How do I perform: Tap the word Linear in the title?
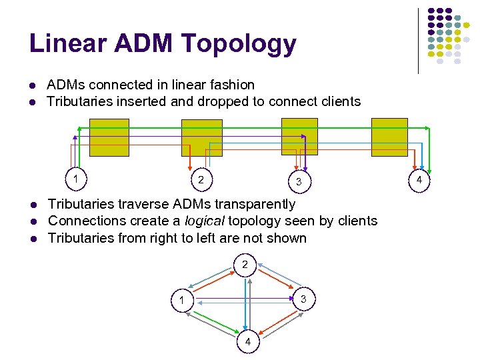(67, 44)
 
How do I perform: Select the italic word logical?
(205, 221)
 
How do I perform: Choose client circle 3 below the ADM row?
(299, 181)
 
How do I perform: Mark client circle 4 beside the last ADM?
(419, 179)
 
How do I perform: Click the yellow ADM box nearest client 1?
(109, 137)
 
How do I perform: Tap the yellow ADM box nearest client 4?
(389, 137)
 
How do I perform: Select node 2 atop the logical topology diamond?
(245, 265)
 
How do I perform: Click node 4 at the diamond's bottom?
(248, 342)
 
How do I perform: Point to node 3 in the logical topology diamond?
(303, 299)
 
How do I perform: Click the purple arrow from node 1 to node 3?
(243, 297)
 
